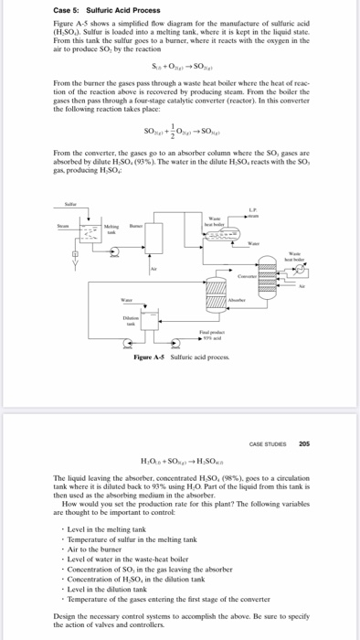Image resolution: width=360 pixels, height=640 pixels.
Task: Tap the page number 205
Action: click(304, 443)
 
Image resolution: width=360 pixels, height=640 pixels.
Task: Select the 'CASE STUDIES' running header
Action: click(267, 443)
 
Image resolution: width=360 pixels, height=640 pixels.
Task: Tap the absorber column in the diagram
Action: click(216, 325)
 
